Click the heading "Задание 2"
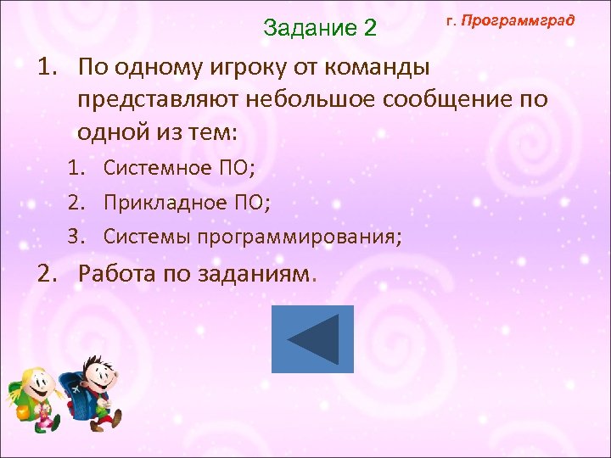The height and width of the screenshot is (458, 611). [x=319, y=27]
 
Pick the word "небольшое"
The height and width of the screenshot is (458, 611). [x=308, y=100]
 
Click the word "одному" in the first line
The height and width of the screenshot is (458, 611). [x=156, y=67]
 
